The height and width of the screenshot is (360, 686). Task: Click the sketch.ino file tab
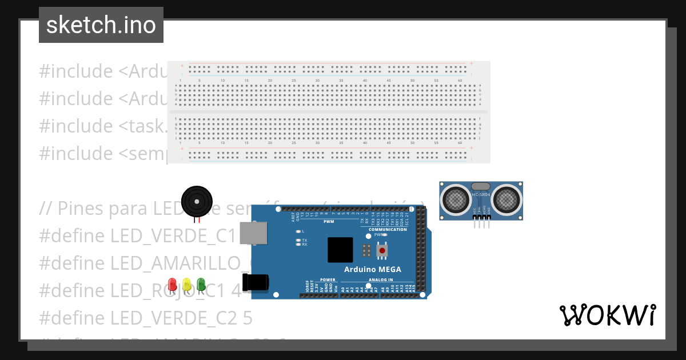coord(101,25)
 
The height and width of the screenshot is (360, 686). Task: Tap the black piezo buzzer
coord(197,201)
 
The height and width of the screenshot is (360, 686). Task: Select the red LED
coord(173,284)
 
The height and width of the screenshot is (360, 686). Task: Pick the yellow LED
coord(186,284)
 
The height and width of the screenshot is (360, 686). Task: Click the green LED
coord(201,284)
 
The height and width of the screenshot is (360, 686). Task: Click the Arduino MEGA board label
coord(372,269)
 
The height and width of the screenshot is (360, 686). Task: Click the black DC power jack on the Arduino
coord(255,282)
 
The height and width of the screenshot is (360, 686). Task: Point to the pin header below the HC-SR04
coord(481,223)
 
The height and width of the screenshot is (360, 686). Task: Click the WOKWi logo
coord(608,315)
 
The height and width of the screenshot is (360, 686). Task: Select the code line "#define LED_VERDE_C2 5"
coord(146,317)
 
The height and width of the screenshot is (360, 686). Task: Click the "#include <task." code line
coord(103,126)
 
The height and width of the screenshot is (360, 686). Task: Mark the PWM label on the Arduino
coord(328,221)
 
